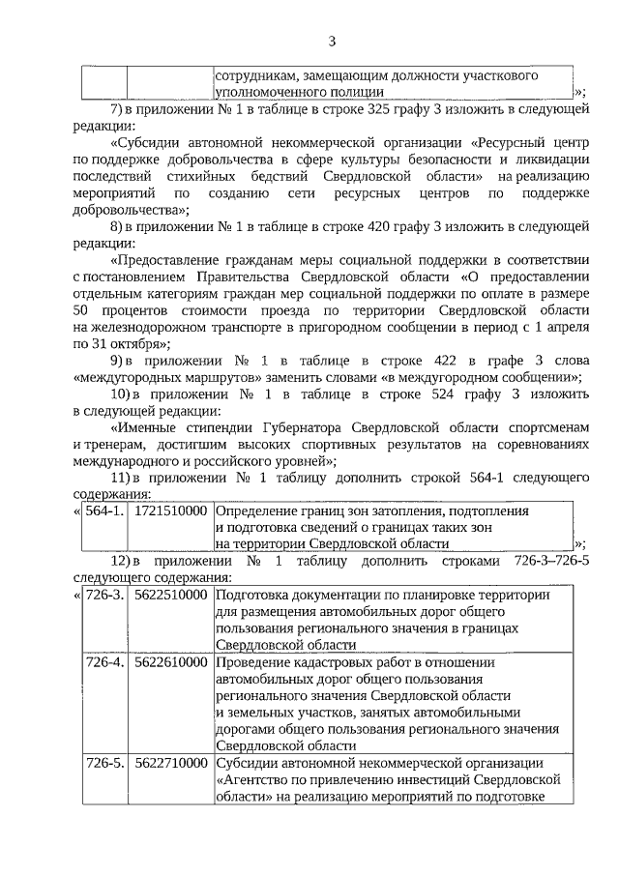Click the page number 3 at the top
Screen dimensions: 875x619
(332, 41)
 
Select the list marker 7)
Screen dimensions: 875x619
(119, 107)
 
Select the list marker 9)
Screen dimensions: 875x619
(119, 361)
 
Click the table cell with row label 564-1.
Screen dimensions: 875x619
(103, 510)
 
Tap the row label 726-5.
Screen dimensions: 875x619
(103, 763)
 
